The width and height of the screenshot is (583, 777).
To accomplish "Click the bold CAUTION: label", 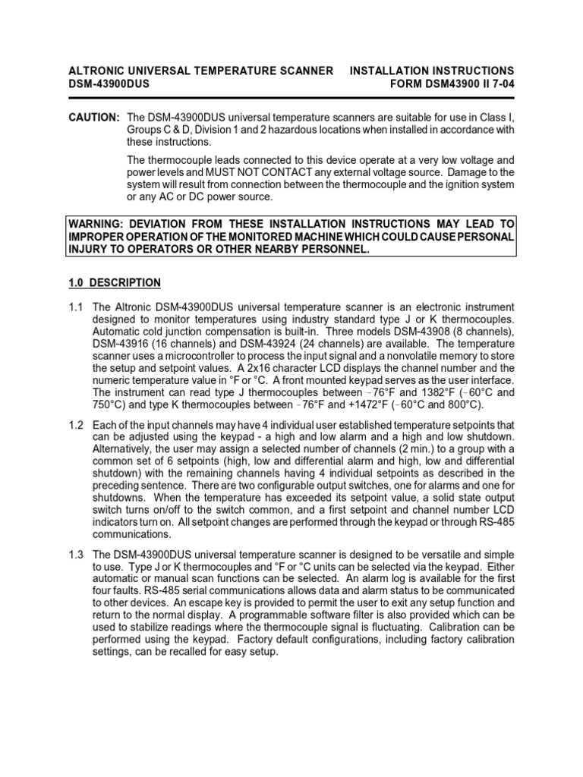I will (x=93, y=118).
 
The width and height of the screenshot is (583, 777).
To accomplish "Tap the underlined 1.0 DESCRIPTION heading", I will (x=115, y=283).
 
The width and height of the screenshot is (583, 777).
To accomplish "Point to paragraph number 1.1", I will (x=77, y=307).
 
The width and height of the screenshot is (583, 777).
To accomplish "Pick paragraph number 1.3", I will (x=77, y=554).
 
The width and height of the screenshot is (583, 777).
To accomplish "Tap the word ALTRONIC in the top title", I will (x=96, y=71).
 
